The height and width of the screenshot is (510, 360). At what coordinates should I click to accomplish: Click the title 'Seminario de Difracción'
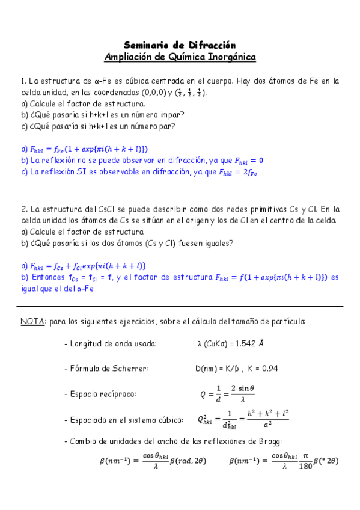[x=180, y=45]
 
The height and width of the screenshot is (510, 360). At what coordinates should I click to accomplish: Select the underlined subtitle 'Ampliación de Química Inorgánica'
[x=180, y=57]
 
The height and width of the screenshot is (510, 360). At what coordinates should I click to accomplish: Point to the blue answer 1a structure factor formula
[x=84, y=149]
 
